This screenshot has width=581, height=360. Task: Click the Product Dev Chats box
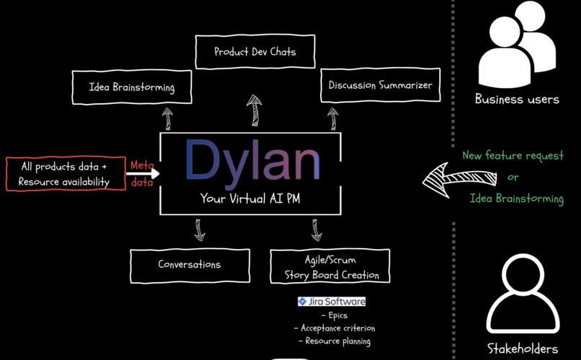(x=255, y=52)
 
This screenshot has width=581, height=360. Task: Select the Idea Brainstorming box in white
(x=132, y=87)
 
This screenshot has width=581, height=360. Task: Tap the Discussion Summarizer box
(x=380, y=85)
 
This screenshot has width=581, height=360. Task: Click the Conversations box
(x=190, y=265)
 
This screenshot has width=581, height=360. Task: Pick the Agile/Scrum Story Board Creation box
(x=329, y=267)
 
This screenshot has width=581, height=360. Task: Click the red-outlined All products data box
(x=64, y=174)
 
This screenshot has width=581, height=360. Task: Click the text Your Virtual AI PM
(x=250, y=199)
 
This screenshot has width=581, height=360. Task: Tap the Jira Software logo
(x=332, y=302)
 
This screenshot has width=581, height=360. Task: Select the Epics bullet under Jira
(x=334, y=315)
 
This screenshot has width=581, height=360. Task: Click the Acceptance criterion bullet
(x=334, y=328)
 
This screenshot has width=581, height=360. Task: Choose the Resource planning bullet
(x=334, y=341)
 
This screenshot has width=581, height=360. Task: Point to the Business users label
(x=517, y=100)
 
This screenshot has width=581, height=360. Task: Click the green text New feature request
(x=513, y=156)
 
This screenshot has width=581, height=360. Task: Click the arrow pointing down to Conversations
(x=200, y=229)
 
